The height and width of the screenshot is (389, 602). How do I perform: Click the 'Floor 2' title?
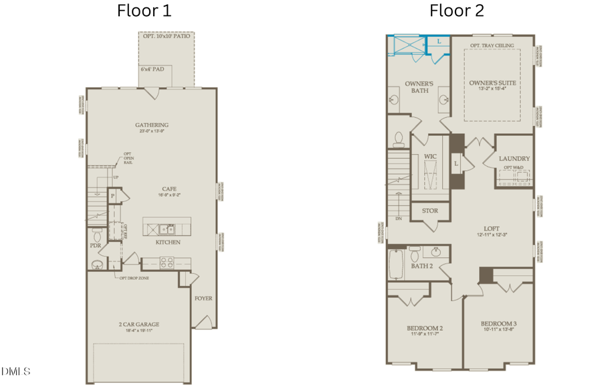456,11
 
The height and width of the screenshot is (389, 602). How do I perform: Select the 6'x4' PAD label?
151,70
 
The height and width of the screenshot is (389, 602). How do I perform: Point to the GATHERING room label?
152,125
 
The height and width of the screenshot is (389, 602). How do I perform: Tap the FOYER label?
203,298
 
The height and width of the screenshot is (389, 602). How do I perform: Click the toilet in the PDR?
98,236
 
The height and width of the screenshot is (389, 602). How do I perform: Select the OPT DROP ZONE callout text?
134,278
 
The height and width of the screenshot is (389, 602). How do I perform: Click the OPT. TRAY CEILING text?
492,46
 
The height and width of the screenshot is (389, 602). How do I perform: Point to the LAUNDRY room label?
514,159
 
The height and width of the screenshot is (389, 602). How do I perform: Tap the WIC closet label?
430,157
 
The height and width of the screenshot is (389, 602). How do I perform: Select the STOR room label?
429,211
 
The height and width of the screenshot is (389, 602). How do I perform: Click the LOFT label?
492,228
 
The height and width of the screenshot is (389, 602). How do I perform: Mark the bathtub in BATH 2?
395,264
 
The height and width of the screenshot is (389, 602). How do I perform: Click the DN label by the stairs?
399,219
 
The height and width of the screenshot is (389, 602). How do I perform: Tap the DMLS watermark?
12,370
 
